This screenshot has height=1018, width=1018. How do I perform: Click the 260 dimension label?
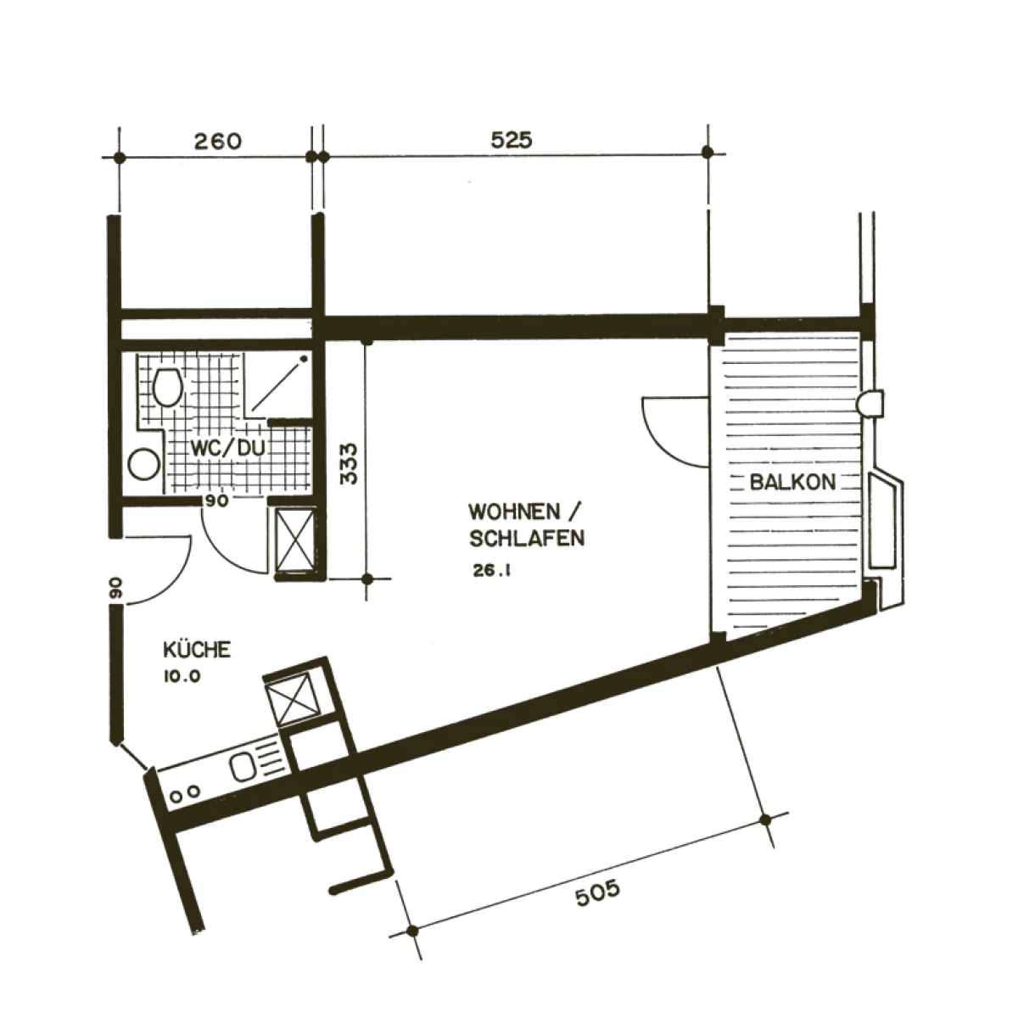[217, 140]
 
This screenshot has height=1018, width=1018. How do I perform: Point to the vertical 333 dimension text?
[349, 463]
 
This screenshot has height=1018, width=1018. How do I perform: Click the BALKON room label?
[792, 483]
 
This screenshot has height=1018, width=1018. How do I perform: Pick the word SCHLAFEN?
[527, 539]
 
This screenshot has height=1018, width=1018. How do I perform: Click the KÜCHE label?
[196, 650]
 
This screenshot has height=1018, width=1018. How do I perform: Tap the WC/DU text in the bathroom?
[215, 448]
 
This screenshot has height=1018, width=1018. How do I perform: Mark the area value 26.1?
[491, 571]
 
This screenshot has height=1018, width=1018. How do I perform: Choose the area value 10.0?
[180, 677]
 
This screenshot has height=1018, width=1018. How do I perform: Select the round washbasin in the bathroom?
[144, 464]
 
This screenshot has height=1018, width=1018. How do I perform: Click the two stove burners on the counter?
[185, 793]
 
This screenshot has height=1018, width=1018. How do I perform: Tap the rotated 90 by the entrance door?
[115, 588]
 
